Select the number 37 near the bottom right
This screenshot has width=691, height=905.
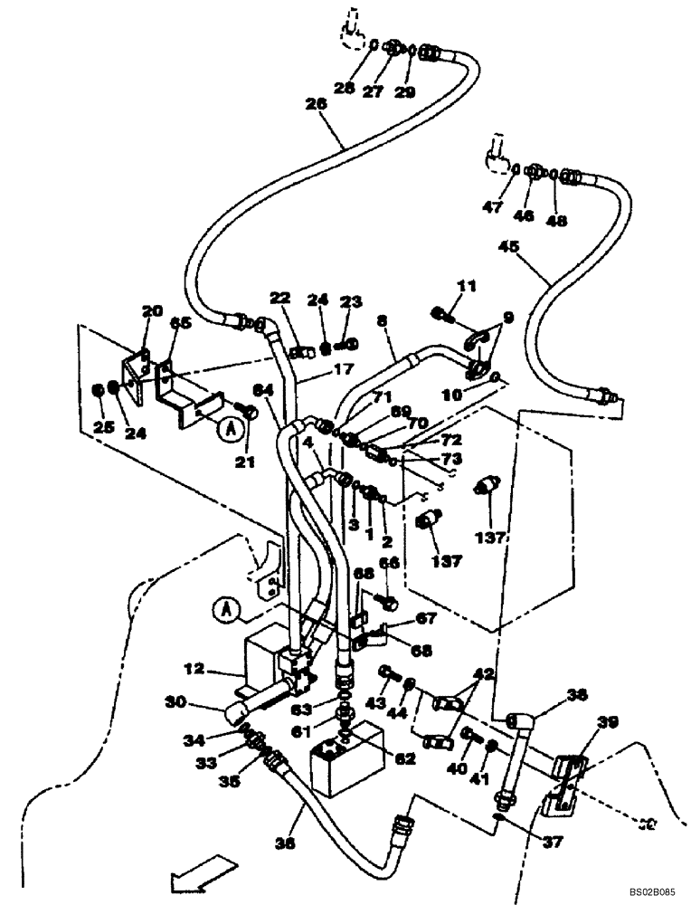pyautogui.click(x=553, y=842)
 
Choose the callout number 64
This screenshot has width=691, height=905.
pyautogui.click(x=263, y=390)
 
